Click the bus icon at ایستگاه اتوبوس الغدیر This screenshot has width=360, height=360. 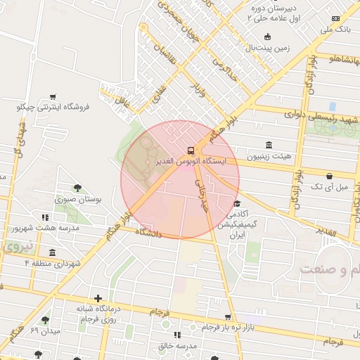[191, 150]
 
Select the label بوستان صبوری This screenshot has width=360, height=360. [79, 200]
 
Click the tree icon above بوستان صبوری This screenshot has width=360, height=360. [77, 188]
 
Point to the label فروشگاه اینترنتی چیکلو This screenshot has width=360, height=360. [54, 108]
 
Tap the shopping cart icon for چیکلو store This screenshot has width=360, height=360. [53, 96]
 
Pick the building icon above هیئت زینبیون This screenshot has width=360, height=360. [269, 144]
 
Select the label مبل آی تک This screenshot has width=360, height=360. [330, 188]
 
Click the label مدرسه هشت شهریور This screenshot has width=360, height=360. [39, 229]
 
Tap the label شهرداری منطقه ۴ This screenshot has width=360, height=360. [53, 263]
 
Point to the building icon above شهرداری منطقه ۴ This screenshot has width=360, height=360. [52, 252]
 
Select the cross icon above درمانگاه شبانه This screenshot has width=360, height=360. [98, 299]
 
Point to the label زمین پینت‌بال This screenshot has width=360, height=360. [266, 48]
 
